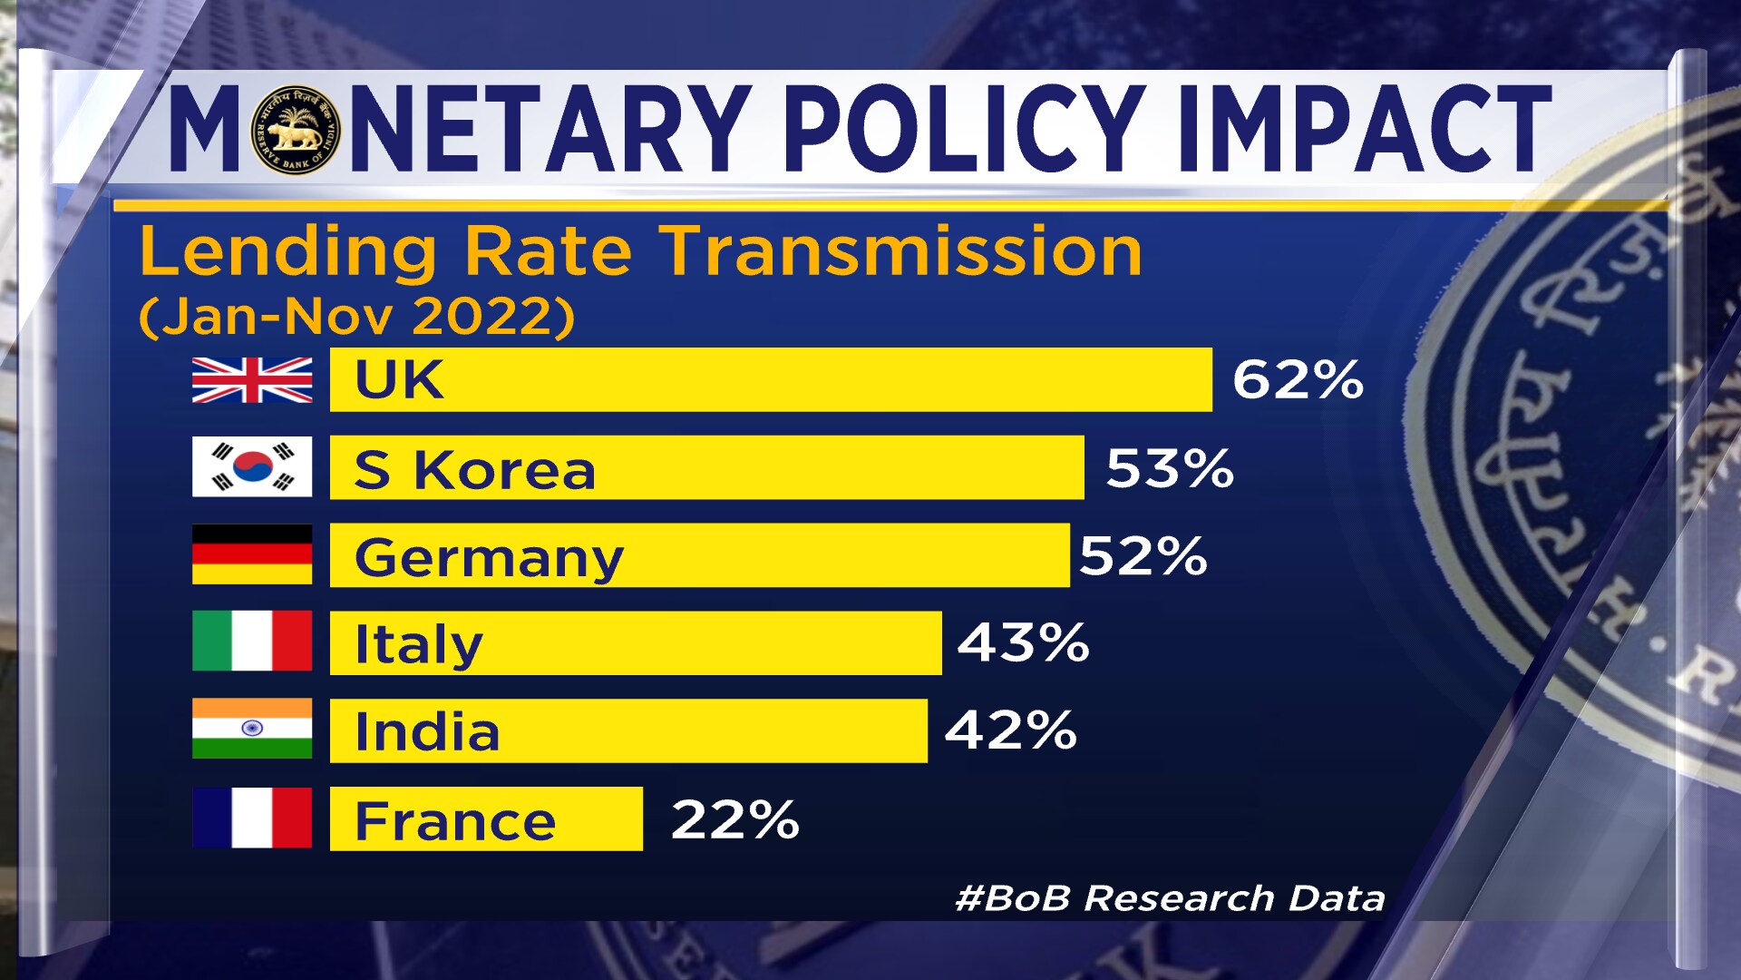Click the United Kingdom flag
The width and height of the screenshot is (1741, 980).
[252, 379]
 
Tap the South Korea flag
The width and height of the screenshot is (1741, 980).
[252, 466]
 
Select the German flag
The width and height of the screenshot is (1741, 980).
[252, 554]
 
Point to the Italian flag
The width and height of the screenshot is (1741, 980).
[252, 641]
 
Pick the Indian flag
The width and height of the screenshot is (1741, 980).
[252, 728]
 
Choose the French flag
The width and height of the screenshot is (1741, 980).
[252, 818]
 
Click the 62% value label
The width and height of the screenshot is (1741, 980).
[1298, 379]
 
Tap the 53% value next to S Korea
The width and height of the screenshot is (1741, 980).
[1170, 468]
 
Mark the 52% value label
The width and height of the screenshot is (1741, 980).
[1143, 555]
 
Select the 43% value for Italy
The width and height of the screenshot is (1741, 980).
[1023, 642]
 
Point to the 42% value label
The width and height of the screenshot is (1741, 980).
[1010, 730]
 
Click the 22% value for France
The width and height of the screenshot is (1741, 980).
[735, 819]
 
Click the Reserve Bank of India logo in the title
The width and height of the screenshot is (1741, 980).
[296, 130]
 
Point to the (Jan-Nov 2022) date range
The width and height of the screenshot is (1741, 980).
[356, 317]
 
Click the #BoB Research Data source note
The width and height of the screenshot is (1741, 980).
[1170, 898]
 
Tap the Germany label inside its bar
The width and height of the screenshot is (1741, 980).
[489, 557]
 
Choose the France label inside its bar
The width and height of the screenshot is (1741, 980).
[455, 821]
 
